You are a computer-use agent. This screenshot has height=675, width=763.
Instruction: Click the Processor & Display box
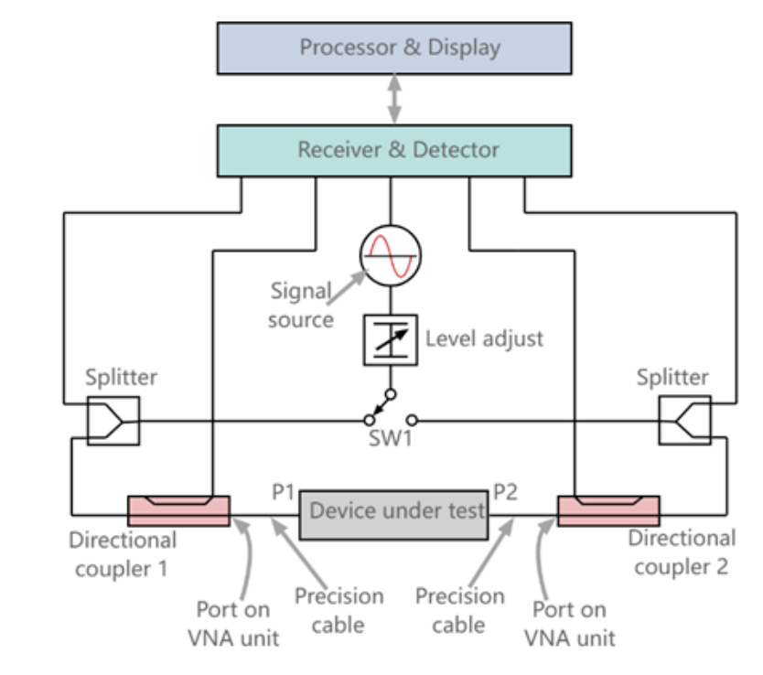tap(394, 48)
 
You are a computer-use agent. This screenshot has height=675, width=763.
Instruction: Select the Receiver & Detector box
tap(394, 150)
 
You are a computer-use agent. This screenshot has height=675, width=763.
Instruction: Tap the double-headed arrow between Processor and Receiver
tap(394, 99)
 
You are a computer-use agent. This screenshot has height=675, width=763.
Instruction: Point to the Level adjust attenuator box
tap(391, 339)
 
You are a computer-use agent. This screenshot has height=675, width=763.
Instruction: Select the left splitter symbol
tap(113, 420)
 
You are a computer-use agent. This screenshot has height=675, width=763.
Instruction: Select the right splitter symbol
tap(684, 420)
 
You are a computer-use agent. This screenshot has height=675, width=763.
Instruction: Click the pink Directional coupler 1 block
tap(178, 510)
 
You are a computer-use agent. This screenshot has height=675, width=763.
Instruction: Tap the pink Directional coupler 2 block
tap(608, 510)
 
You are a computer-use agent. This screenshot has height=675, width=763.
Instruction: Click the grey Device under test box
tap(395, 510)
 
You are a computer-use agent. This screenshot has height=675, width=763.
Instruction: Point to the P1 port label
tap(282, 492)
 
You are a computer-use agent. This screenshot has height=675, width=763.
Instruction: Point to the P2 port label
tap(506, 492)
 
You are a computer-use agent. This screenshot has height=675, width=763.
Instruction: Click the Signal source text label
tap(301, 305)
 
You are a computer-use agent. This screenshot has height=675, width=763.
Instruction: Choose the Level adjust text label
tap(484, 338)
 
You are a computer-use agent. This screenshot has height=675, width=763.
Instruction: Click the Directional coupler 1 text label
tap(121, 553)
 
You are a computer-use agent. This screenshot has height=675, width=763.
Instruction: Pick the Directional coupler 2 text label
tap(681, 552)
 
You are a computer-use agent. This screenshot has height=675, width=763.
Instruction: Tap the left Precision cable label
tap(339, 610)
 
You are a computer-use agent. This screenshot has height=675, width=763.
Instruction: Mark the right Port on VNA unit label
tap(569, 623)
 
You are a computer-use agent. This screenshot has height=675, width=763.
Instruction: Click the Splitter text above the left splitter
tap(122, 377)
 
